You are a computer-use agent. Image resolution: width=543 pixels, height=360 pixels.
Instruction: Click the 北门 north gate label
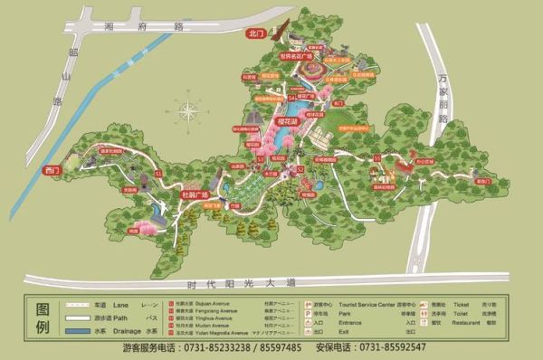pos(255,33)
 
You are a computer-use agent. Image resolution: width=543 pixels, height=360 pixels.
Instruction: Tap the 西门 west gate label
pos(50,169)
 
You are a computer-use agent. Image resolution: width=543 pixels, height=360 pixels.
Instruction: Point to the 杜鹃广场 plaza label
pos(195,194)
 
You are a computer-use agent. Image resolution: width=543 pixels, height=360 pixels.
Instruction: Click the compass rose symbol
pos(191,113)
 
